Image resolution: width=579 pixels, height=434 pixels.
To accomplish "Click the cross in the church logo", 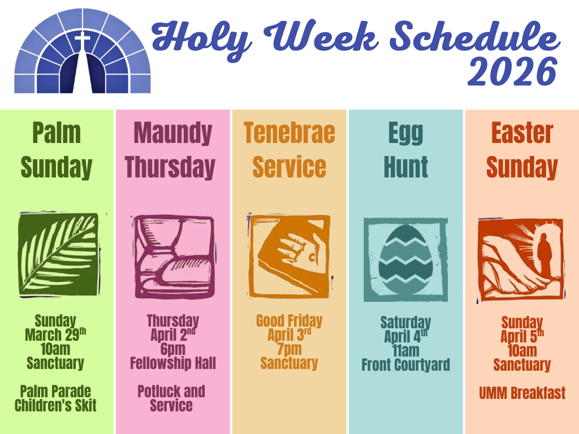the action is pyautogui.click(x=83, y=41).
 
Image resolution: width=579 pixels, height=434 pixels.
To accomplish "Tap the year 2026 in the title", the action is pyautogui.click(x=512, y=72).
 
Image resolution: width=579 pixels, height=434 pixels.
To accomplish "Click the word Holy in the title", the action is pyautogui.click(x=202, y=40).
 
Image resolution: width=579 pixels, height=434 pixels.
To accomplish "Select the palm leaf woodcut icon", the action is pyautogui.click(x=59, y=255).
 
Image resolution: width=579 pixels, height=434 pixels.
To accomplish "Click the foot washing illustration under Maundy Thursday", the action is pyautogui.click(x=174, y=257).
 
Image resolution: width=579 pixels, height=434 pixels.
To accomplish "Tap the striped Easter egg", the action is pyautogui.click(x=405, y=260).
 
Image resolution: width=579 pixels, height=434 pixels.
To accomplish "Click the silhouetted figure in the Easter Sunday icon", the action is pyautogui.click(x=545, y=255).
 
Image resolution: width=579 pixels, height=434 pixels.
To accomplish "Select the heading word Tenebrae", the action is pyautogui.click(x=289, y=133).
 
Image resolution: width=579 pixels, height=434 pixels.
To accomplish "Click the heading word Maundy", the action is pyautogui.click(x=173, y=133).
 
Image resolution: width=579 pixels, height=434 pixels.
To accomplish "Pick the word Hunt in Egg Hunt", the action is pyautogui.click(x=406, y=167).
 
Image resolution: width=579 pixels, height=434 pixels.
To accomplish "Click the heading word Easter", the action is pyautogui.click(x=522, y=133).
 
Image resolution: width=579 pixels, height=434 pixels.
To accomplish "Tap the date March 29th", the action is pyautogui.click(x=55, y=335).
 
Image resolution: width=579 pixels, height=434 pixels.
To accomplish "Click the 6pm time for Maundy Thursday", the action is pyautogui.click(x=173, y=349).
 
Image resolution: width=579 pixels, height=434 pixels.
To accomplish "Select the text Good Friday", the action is pyautogui.click(x=289, y=321).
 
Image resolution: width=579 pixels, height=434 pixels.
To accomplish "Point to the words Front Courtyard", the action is pyautogui.click(x=406, y=364).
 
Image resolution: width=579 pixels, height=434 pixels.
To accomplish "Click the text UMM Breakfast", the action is pyautogui.click(x=522, y=393).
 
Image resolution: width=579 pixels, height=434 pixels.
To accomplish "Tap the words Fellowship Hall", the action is pyautogui.click(x=173, y=363).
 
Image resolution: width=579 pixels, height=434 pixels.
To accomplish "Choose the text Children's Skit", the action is pyautogui.click(x=55, y=405).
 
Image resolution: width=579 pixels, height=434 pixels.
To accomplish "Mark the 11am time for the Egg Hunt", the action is pyautogui.click(x=406, y=350).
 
